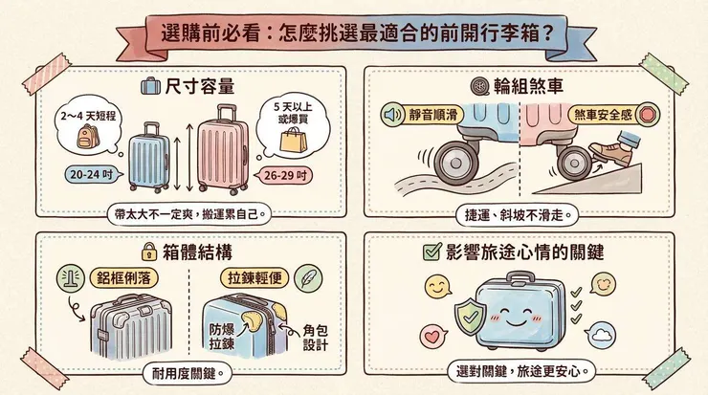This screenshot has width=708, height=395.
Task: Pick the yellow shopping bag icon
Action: pyautogui.click(x=290, y=142)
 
